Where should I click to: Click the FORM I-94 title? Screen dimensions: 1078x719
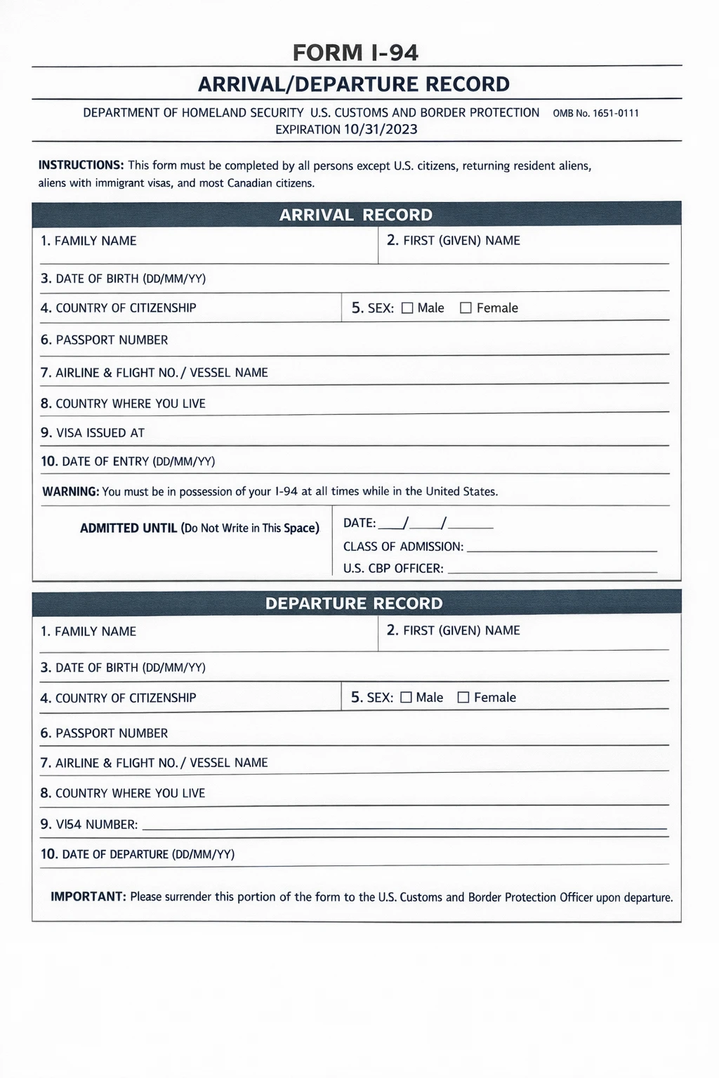coord(355,53)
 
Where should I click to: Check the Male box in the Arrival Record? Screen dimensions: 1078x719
coord(407,308)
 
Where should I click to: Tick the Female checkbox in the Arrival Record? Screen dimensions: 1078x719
coord(466,308)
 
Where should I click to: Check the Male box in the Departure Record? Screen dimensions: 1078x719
coord(406,698)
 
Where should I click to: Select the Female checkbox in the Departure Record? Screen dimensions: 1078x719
coord(463,698)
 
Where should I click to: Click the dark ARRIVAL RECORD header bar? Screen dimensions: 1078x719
coord(356,215)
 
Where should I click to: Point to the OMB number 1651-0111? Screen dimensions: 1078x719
coord(596,113)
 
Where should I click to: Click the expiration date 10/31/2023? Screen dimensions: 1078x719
coord(381,129)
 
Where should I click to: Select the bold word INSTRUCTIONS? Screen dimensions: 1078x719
coord(81,166)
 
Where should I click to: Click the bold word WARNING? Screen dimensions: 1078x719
coord(70,491)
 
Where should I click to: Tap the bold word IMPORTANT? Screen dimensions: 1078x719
coord(88,897)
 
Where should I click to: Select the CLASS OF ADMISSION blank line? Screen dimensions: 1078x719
coord(562,547)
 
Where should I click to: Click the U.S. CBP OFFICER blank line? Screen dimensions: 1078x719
coord(552,569)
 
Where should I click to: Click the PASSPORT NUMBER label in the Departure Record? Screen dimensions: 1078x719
coord(104,733)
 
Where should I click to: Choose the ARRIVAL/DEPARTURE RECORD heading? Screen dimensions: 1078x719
coord(354,84)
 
